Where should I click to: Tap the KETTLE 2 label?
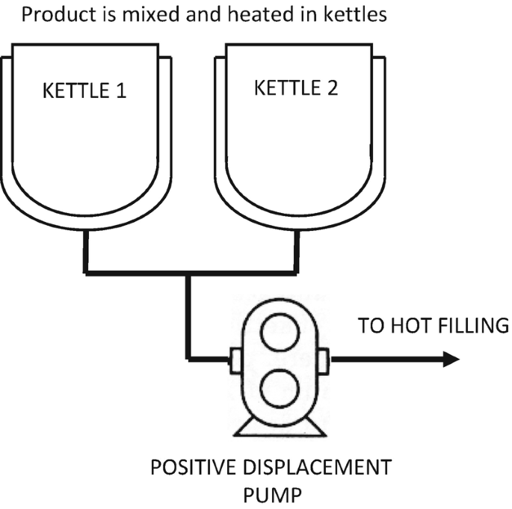click(x=296, y=87)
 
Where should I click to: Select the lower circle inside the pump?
click(x=277, y=388)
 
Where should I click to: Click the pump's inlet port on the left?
click(x=232, y=360)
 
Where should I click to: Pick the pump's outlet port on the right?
click(x=323, y=360)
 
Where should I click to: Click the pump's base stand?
click(x=278, y=427)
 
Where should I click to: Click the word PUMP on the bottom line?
click(x=270, y=494)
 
